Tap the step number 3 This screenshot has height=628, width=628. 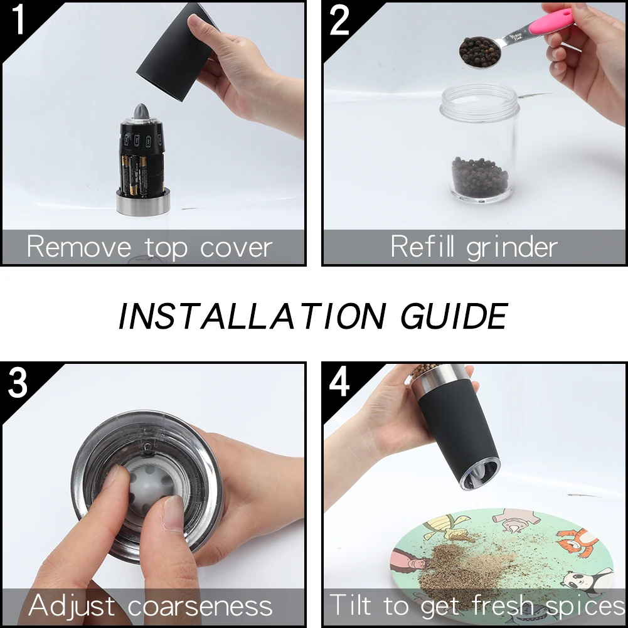tap(18, 383)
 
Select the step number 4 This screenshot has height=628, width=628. tap(339, 383)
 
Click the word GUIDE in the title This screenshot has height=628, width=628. tap(454, 316)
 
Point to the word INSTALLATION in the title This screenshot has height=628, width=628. tap(252, 316)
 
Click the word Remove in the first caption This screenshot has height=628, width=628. tap(79, 247)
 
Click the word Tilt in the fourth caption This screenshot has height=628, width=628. tap(350, 604)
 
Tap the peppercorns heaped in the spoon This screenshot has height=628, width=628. tap(479, 51)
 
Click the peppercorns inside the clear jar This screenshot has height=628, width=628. tap(480, 177)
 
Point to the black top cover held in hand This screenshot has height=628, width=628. tap(177, 52)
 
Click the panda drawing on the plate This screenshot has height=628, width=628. tap(587, 585)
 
